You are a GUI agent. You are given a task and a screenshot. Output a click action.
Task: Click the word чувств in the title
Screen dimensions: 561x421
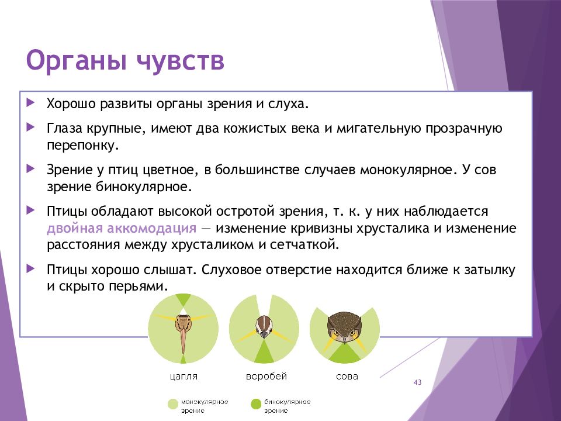tap(181, 60)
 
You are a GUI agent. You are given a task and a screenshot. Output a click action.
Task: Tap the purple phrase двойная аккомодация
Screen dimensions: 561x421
tap(122, 229)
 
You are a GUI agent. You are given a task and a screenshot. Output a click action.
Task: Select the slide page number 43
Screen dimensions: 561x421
tap(417, 382)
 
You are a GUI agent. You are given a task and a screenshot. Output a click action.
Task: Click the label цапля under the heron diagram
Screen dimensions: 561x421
tap(183, 377)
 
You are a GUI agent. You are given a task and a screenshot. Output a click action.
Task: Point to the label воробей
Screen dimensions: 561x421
tap(266, 376)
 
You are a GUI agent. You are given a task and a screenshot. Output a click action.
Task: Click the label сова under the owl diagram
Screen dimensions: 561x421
tap(347, 377)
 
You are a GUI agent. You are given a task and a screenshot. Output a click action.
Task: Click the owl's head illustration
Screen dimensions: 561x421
tap(344, 327)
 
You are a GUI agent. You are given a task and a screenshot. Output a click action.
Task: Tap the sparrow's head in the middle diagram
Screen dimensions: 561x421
tap(264, 326)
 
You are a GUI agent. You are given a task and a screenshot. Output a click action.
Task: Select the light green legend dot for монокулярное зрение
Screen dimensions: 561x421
tap(173, 404)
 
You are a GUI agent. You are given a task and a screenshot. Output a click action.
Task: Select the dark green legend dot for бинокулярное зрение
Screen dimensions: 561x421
tap(256, 404)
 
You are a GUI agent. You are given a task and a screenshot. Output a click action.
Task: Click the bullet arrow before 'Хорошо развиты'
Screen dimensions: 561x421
tap(31, 103)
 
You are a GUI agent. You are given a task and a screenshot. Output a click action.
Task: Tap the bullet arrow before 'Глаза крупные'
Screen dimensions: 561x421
tap(31, 127)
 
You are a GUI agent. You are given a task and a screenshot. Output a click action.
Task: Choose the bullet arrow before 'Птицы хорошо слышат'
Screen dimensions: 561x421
tap(31, 268)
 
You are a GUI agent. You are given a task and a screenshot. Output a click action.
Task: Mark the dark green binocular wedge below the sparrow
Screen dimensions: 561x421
tap(264, 353)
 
